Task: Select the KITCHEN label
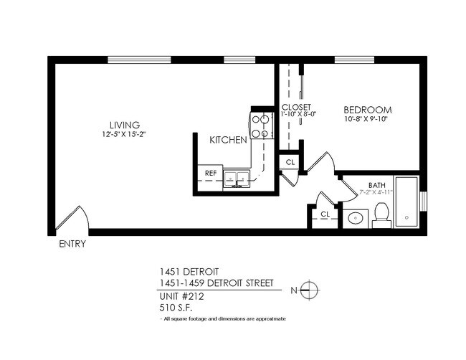point(228,140)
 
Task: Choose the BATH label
point(376,184)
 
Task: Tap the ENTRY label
point(71,244)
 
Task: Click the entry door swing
point(73,216)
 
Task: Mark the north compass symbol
point(309,290)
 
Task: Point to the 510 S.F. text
point(175,307)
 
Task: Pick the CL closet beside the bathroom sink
point(325,214)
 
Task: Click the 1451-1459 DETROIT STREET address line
point(216,283)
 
